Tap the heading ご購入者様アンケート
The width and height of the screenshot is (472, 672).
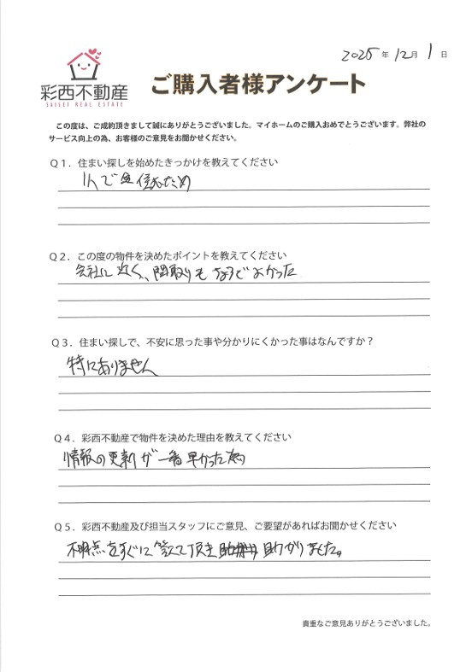[258, 85]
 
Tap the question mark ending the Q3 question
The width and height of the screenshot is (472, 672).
[380, 342]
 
